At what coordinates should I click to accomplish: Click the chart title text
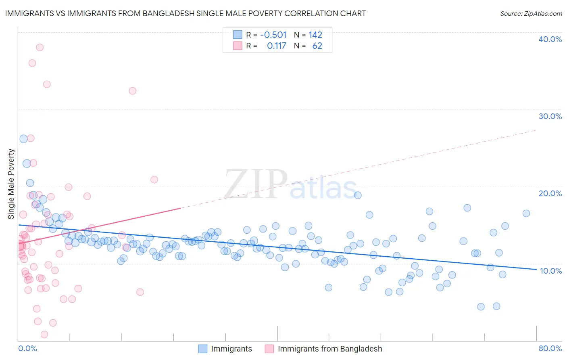[186, 13]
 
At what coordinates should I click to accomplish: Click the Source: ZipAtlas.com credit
[531, 13]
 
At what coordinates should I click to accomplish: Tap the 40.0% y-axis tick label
[550, 39]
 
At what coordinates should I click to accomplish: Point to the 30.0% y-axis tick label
[550, 116]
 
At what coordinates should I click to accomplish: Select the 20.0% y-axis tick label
[550, 193]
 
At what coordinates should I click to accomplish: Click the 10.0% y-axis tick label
[550, 271]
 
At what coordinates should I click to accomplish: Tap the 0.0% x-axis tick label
[27, 348]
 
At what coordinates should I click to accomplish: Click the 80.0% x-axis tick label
[550, 348]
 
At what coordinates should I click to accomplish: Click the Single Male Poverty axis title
[11, 184]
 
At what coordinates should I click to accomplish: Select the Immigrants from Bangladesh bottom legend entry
[329, 349]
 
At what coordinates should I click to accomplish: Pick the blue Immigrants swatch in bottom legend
[203, 349]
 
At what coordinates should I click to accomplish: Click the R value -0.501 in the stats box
[273, 35]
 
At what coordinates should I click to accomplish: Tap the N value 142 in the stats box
[315, 35]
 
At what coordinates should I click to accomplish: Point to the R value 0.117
[276, 46]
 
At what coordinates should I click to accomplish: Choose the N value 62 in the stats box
[317, 46]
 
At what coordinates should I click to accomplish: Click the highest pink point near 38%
[40, 47]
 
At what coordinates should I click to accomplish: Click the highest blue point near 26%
[23, 139]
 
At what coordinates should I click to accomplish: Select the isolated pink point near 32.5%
[132, 91]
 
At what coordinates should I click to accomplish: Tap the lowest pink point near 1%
[44, 335]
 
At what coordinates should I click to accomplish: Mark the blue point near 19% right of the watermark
[358, 195]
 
